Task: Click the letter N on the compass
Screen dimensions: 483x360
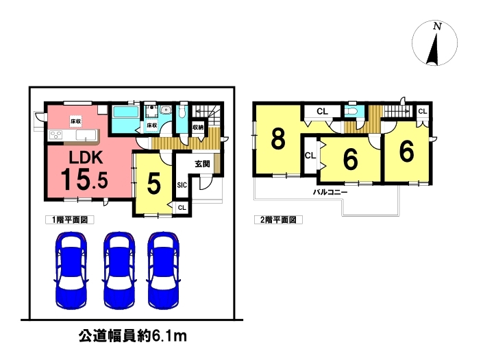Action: (x=437, y=27)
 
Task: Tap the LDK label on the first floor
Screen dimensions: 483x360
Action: (x=86, y=158)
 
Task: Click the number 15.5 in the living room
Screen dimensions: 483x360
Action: (x=84, y=180)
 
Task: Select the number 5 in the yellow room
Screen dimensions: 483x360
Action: (x=153, y=184)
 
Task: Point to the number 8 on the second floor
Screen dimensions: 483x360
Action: (x=278, y=139)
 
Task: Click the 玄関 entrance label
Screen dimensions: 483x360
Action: (x=202, y=164)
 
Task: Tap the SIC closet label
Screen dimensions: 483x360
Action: (x=182, y=185)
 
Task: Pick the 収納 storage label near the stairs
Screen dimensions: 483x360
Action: (x=198, y=127)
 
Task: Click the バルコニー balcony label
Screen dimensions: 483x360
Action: (x=330, y=192)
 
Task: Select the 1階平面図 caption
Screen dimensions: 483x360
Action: (x=70, y=219)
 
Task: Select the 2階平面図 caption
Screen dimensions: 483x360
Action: (x=278, y=219)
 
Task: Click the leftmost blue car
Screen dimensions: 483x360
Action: (x=71, y=269)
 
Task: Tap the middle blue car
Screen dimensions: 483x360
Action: (x=119, y=269)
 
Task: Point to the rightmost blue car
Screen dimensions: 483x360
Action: (x=164, y=269)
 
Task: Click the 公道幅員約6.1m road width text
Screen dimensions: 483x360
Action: (x=133, y=336)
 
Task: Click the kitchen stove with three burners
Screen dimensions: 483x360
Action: (x=56, y=134)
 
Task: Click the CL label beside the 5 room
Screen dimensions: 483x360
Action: (x=182, y=208)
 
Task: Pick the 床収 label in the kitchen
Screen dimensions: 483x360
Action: (x=76, y=121)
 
